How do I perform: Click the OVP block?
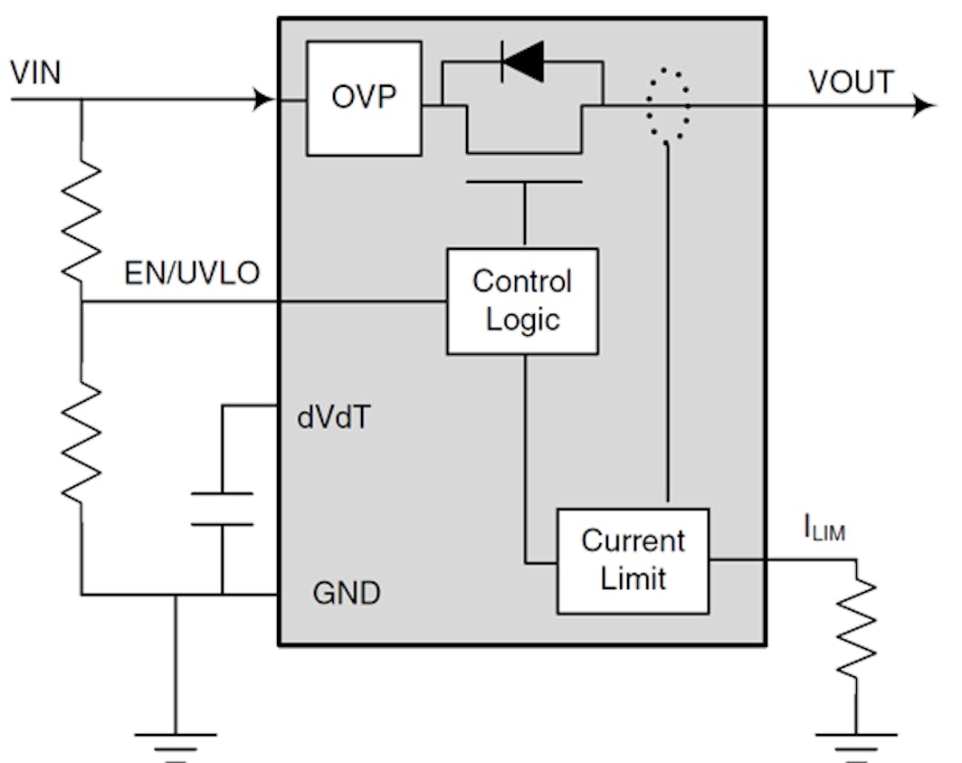364,98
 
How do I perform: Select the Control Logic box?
522,300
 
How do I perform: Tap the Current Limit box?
633,560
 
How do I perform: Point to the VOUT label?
851,82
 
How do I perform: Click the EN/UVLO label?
192,274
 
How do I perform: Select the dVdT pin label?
333,419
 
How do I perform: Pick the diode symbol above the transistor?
522,62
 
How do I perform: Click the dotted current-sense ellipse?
668,104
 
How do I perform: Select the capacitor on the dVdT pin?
222,509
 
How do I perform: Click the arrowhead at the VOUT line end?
924,106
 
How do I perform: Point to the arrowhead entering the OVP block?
265,99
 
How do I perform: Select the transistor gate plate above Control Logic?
524,182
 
